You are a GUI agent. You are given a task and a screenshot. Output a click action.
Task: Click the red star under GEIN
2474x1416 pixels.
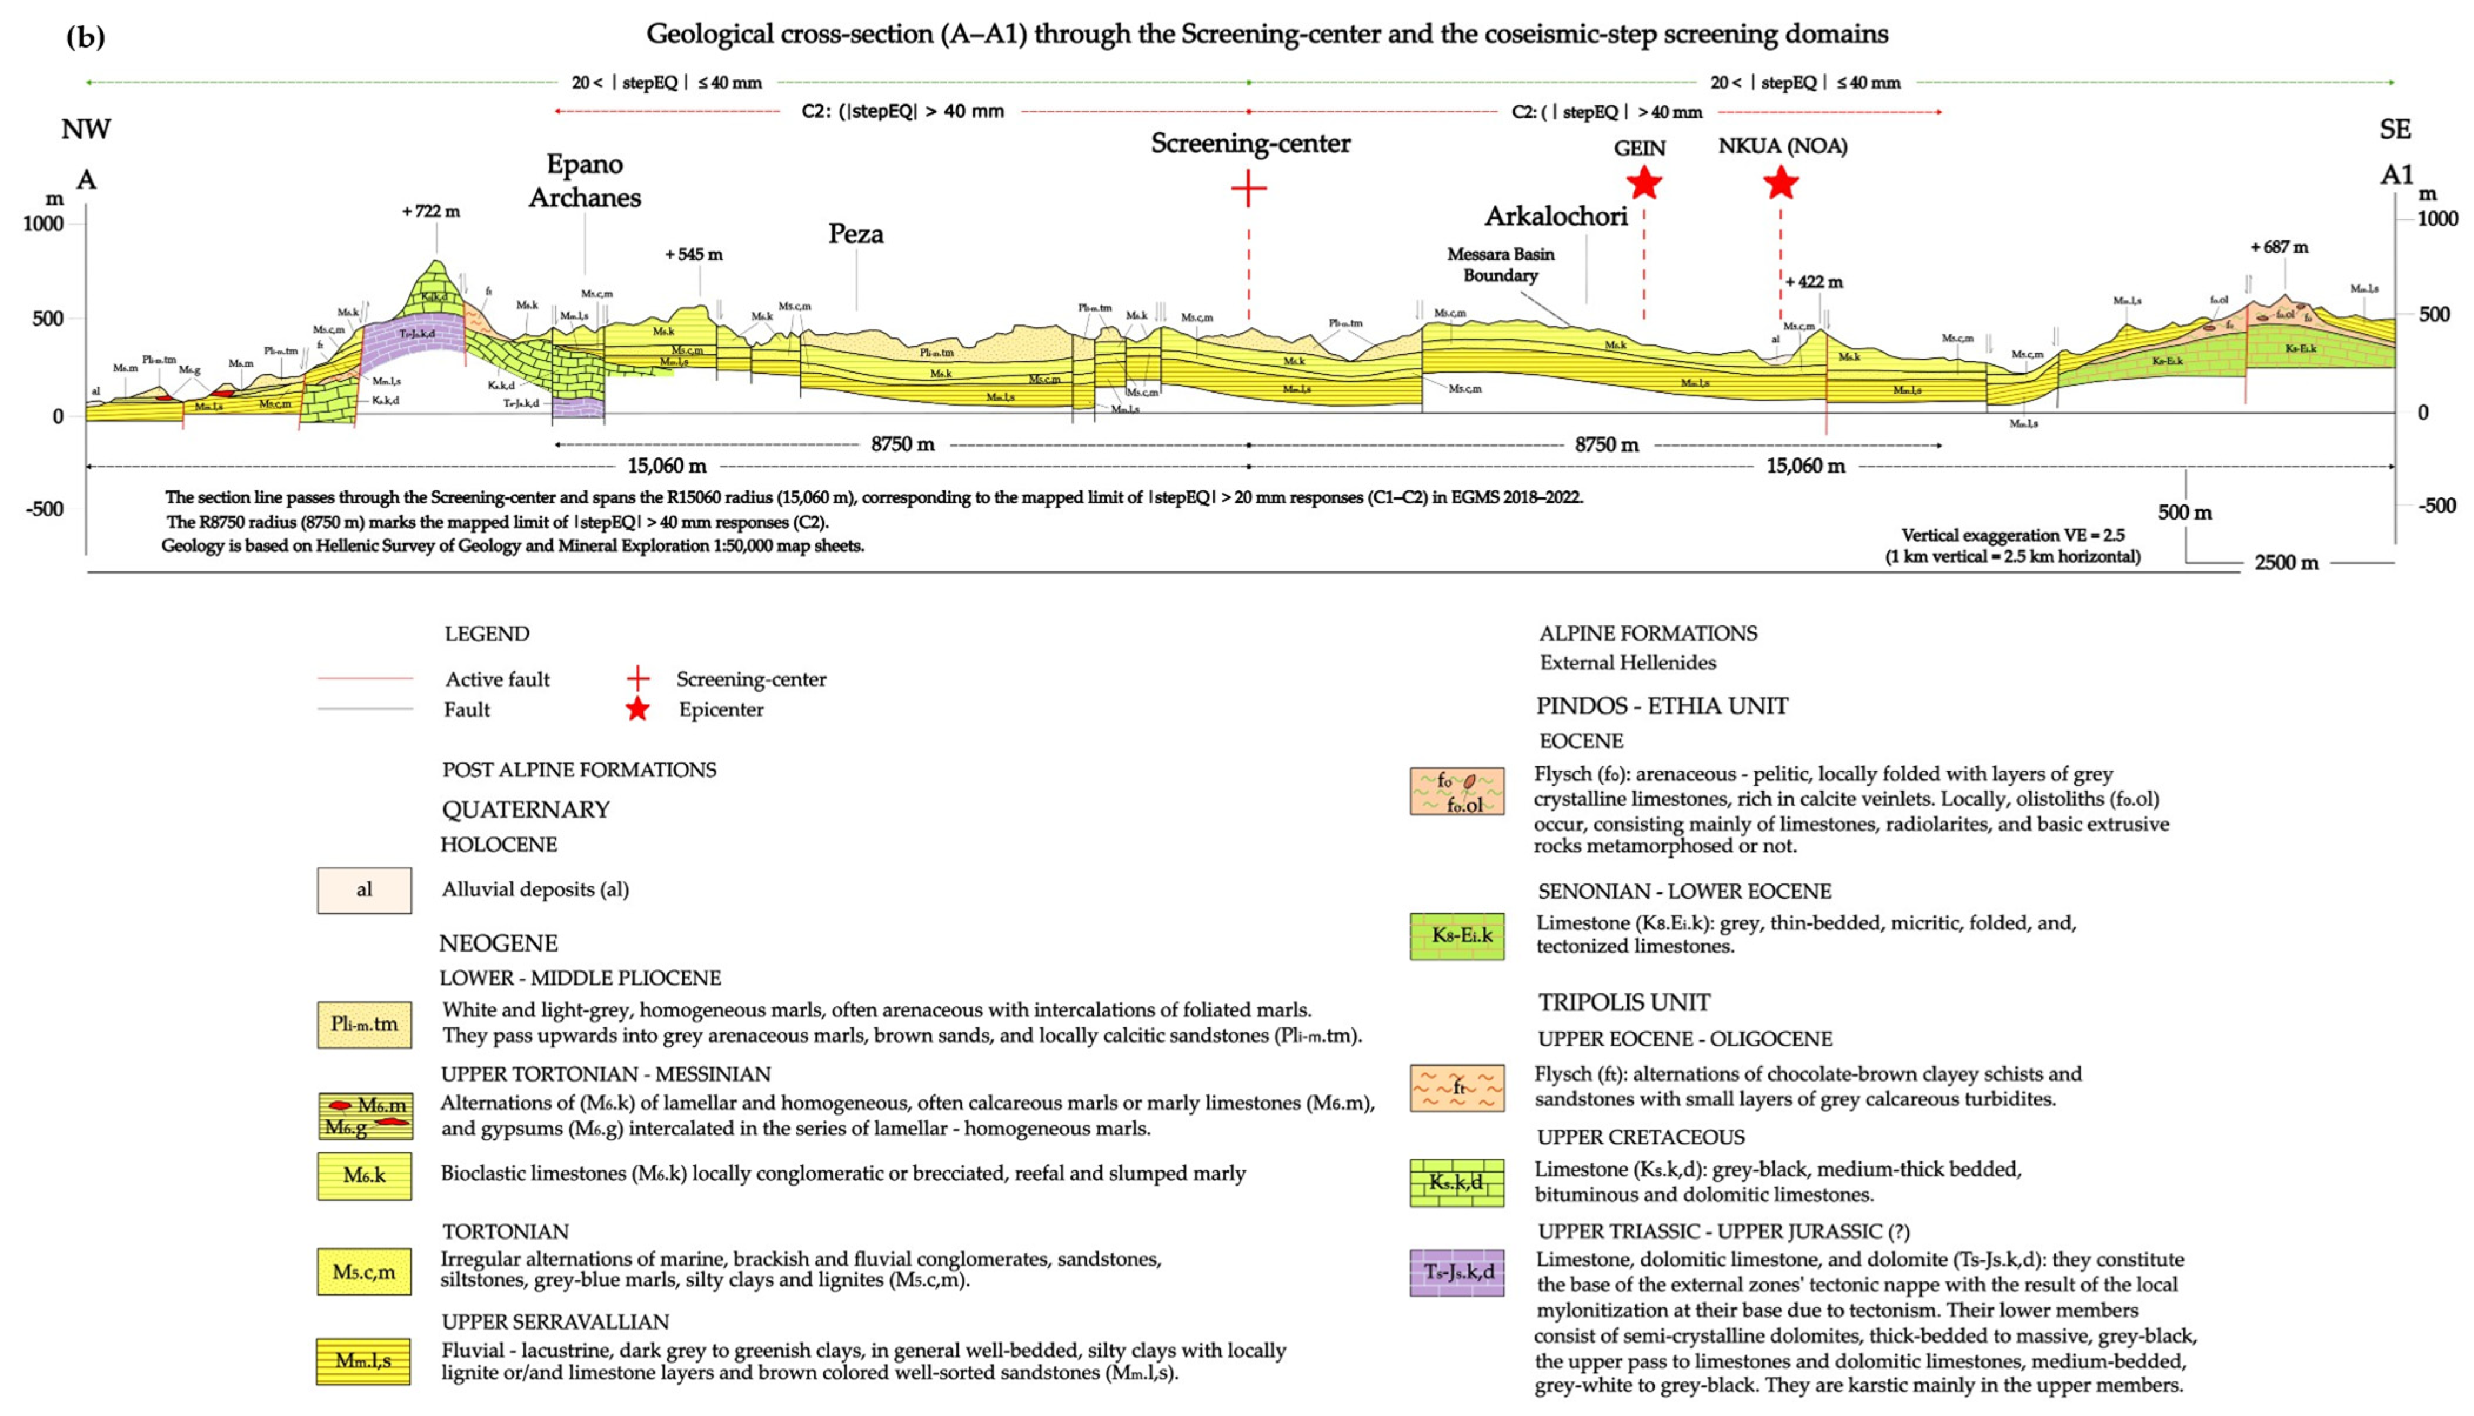pos(1643,182)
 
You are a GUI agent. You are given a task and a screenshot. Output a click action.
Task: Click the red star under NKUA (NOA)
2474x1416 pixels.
pos(1780,182)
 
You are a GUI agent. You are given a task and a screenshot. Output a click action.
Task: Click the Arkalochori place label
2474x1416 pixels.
pos(1555,216)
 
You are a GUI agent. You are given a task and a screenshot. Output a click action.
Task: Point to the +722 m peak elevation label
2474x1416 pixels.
pos(431,211)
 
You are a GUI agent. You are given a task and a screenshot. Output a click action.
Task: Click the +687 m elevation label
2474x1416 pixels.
pos(2278,247)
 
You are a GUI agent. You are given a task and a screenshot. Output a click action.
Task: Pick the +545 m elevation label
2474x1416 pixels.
pos(694,255)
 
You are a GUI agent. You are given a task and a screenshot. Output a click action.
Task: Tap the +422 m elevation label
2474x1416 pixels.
pos(1814,282)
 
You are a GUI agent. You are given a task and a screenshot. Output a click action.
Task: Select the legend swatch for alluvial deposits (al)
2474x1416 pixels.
pos(364,890)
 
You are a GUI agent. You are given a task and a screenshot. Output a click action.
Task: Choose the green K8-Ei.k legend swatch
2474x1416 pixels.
pos(1457,936)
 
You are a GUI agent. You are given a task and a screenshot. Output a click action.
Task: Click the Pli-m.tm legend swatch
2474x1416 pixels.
pos(364,1024)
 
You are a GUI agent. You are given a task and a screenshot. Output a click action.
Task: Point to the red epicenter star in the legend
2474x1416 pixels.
pos(637,709)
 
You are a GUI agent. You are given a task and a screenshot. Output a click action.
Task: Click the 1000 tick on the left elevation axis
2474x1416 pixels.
pos(43,224)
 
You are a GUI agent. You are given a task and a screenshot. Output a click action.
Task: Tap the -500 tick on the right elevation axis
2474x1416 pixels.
pos(2437,506)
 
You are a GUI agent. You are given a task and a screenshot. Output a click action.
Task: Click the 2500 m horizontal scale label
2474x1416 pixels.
pos(2286,562)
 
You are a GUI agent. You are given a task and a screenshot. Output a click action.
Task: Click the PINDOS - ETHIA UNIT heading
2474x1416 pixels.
pos(1662,706)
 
